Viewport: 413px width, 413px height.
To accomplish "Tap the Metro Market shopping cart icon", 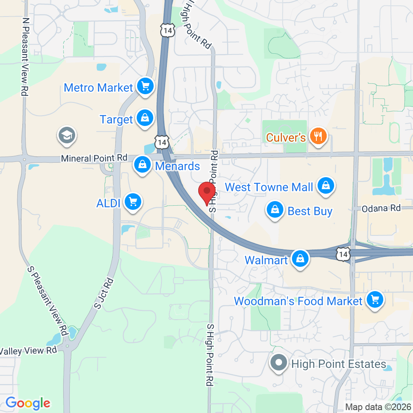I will [145, 86].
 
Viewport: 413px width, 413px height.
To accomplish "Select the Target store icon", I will [145, 119].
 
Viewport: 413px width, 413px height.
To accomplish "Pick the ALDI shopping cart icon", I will [133, 202].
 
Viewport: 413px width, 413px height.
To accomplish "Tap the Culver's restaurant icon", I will [318, 136].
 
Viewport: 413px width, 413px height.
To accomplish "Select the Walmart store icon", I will [300, 259].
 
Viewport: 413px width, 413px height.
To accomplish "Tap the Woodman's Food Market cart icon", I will [375, 299].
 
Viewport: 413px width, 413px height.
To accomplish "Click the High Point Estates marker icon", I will [279, 363].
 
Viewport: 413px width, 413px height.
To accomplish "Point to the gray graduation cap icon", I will [66, 135].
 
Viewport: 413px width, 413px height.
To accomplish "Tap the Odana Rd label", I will [381, 208].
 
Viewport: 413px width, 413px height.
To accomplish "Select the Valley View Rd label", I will [28, 351].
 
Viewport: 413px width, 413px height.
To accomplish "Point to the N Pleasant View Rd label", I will [26, 57].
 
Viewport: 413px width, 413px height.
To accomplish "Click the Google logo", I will [28, 403].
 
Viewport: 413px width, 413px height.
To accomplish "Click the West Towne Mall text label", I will [269, 187].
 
